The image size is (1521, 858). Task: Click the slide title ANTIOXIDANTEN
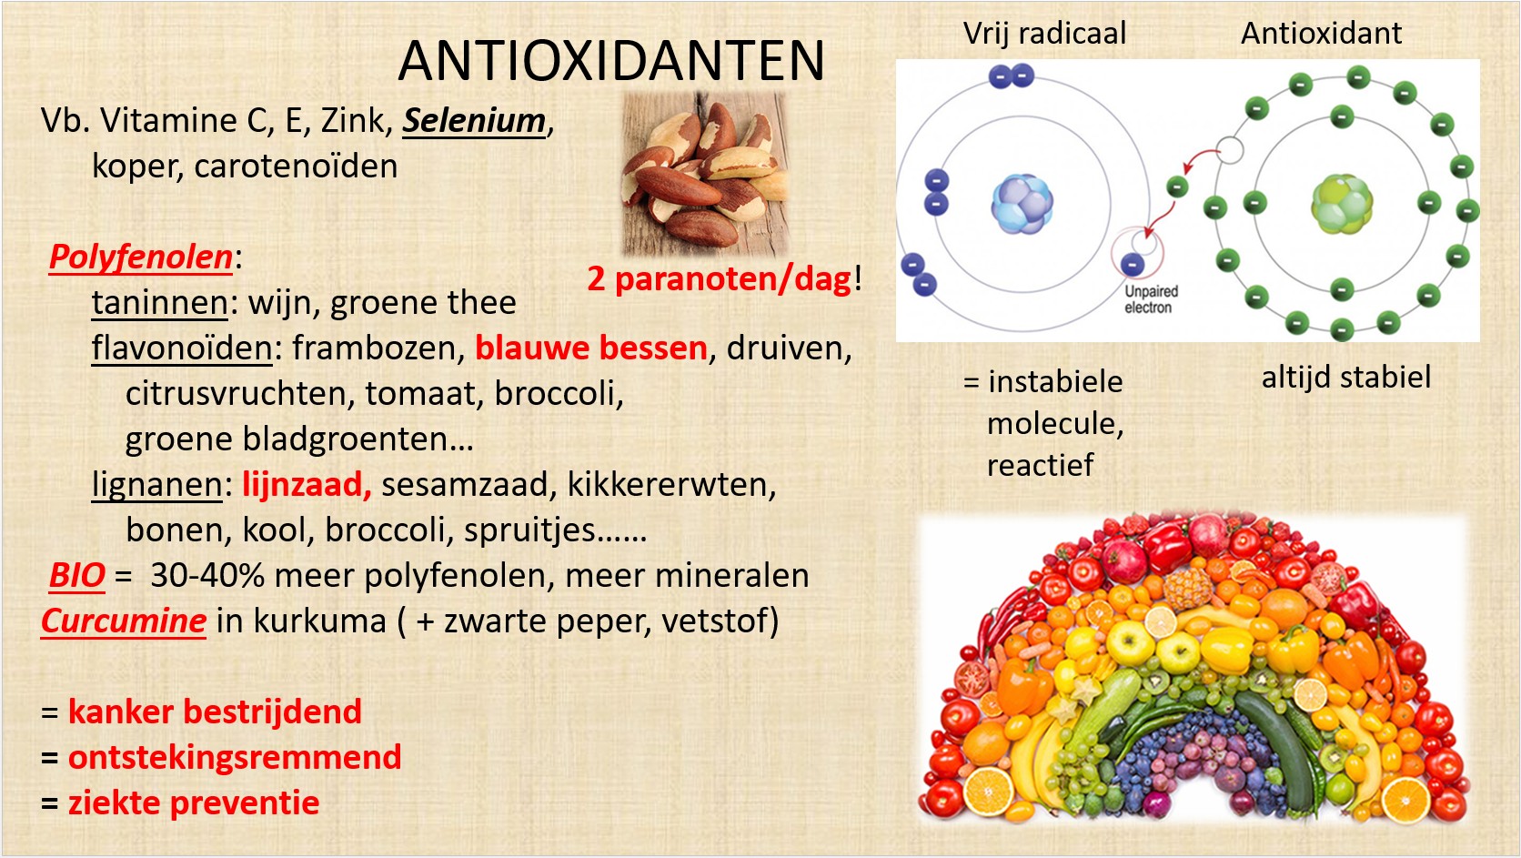coord(611,61)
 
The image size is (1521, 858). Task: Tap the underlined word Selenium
coord(474,121)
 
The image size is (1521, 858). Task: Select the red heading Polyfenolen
coord(141,257)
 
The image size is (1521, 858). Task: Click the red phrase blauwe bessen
coord(591,348)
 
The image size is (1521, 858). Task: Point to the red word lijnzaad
coord(307,485)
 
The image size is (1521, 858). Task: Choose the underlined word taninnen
coord(159,303)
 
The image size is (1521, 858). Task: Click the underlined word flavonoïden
coord(182,348)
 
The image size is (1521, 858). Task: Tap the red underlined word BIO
coord(76,575)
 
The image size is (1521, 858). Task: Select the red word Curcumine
coord(124,621)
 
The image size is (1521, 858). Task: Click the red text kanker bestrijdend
coord(215,712)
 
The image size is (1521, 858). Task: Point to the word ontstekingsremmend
coord(235,757)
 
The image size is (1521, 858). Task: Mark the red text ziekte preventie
coord(194,803)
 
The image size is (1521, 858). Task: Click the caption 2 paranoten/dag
coord(719,278)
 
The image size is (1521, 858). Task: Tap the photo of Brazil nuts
coord(705,173)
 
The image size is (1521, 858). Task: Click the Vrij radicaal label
coord(1044,34)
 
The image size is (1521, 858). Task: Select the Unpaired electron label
coord(1150,299)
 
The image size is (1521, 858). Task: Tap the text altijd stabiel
coord(1345,378)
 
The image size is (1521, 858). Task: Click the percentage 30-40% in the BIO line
coord(207,575)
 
